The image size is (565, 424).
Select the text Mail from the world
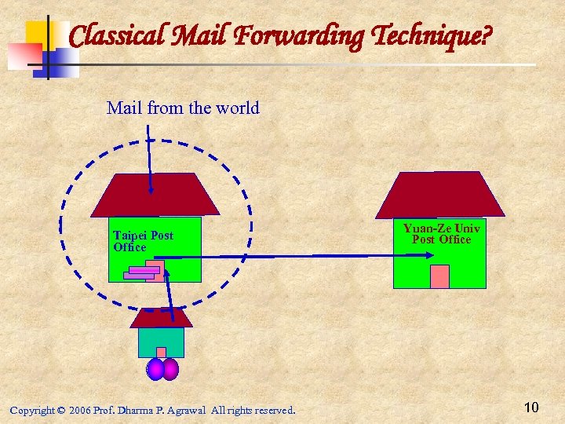tap(183, 108)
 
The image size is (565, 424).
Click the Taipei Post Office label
tap(142, 241)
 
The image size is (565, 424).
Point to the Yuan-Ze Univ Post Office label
tap(442, 233)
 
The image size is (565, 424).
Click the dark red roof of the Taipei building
tap(155, 196)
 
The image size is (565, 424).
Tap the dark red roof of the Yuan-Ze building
tap(439, 194)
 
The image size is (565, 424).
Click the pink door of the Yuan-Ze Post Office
tap(439, 276)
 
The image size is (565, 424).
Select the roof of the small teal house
tap(161, 318)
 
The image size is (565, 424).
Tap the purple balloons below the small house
tap(162, 369)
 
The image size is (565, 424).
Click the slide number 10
tap(531, 407)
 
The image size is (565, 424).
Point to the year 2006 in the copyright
tap(79, 411)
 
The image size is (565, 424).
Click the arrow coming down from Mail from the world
tap(149, 157)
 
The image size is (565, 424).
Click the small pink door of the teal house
tap(161, 353)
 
